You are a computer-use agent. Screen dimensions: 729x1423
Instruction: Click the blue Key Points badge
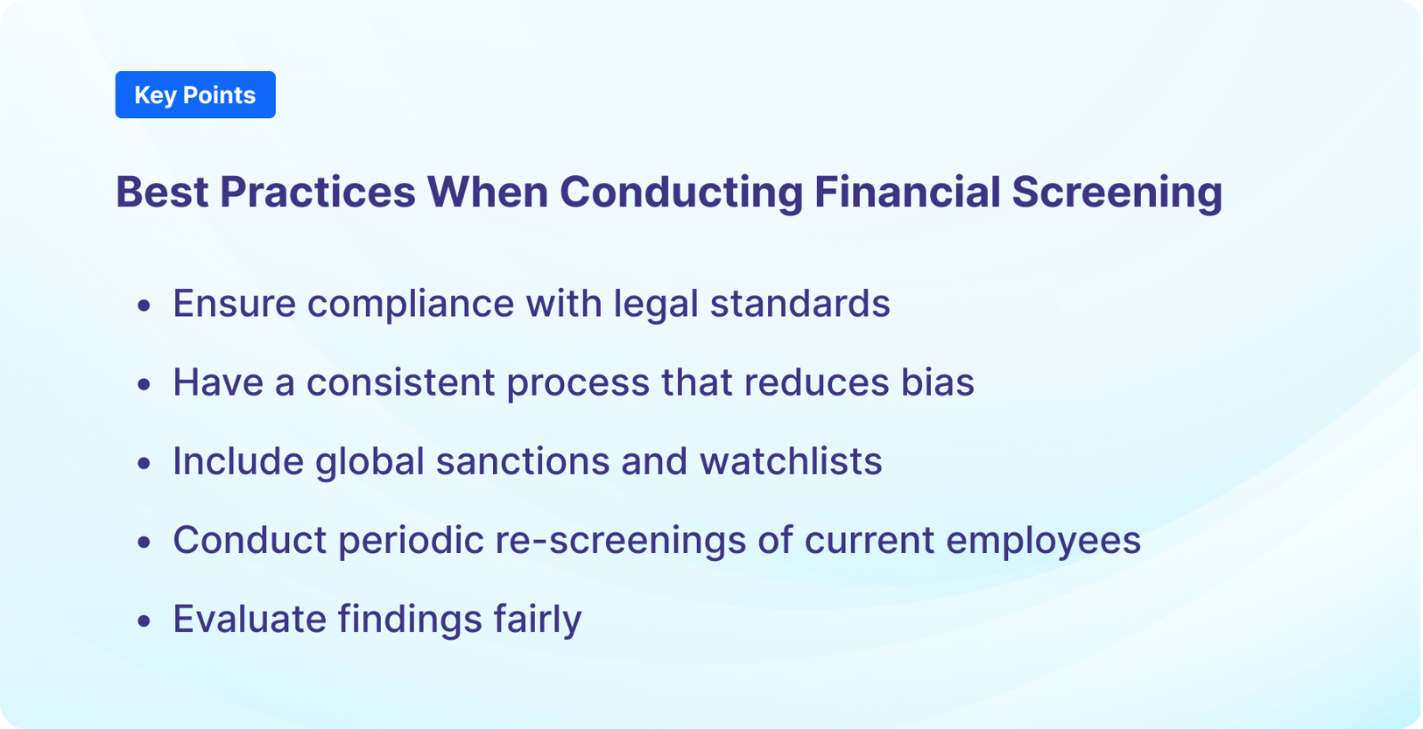195,95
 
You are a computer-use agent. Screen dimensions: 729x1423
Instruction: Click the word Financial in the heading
906,192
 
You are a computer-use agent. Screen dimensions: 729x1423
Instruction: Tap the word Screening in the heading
1117,192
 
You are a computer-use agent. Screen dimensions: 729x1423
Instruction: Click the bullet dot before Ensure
144,305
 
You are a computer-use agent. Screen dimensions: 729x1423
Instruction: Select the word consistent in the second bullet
400,382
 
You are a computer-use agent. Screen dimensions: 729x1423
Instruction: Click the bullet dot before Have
144,384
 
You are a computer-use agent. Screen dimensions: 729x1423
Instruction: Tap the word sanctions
522,461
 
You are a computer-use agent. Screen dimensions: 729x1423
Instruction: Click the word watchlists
790,461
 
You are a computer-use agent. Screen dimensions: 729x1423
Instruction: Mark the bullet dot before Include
144,463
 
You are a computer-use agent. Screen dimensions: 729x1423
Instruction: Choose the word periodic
411,540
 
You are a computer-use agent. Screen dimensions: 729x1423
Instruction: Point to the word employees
1043,540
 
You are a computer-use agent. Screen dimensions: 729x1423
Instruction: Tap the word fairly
537,619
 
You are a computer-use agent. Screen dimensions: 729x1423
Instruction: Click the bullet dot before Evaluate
144,621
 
